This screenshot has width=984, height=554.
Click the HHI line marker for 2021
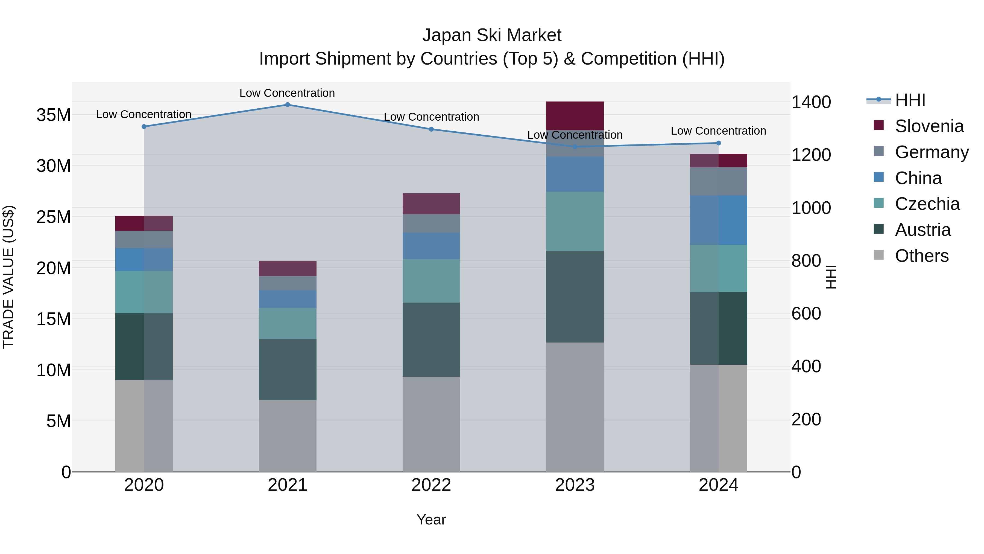[288, 105]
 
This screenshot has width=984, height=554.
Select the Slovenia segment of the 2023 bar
[575, 116]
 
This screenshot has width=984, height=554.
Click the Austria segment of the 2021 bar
[288, 369]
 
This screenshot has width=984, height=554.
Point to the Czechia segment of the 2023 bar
[575, 221]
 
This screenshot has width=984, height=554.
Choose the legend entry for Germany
[931, 152]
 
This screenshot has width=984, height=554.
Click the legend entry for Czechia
[927, 204]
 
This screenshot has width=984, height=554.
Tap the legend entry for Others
[921, 256]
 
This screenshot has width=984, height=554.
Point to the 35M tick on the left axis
[54, 115]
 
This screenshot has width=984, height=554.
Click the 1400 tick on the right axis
[811, 102]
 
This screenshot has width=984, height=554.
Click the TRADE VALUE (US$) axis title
[8, 277]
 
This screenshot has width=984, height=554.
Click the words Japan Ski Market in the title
[492, 35]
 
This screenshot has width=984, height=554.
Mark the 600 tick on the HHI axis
[806, 314]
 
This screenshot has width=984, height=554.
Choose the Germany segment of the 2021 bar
[288, 283]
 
